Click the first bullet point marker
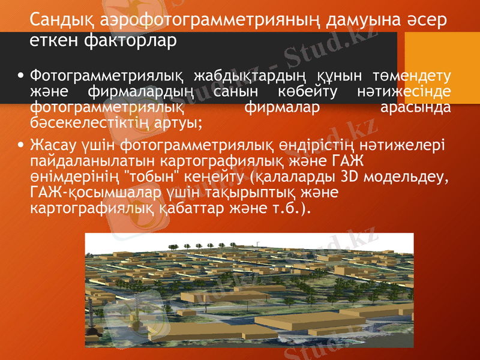tap(22, 76)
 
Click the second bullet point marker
tap(22, 145)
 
